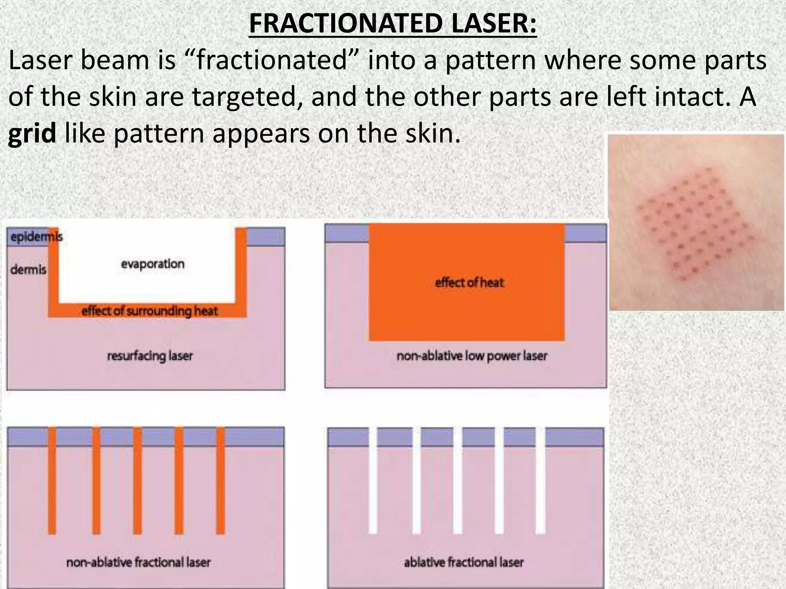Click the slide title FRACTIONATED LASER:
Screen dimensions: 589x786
point(393,23)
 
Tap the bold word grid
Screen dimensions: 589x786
point(32,134)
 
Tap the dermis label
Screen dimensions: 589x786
point(28,270)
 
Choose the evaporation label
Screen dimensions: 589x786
point(153,264)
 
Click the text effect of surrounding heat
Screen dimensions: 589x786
point(149,311)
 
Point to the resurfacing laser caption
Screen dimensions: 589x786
point(150,356)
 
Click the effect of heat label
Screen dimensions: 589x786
point(469,283)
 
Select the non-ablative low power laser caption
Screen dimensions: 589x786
point(472,356)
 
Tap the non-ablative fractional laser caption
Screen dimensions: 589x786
point(138,562)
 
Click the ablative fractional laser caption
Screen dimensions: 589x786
point(464,562)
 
